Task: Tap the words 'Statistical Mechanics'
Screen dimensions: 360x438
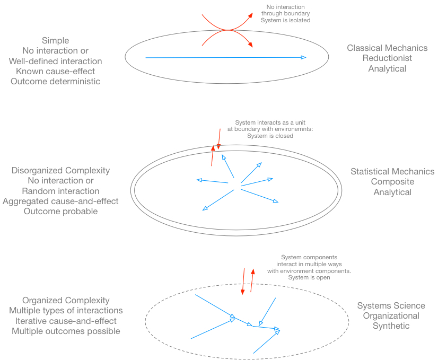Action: click(x=392, y=171)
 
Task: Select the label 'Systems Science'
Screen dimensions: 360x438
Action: click(x=391, y=305)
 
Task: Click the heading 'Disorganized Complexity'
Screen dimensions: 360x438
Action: click(x=60, y=171)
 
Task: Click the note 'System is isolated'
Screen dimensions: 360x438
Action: click(x=285, y=20)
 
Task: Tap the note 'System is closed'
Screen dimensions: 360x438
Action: click(x=270, y=136)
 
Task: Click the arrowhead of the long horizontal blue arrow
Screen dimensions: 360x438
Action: click(x=303, y=57)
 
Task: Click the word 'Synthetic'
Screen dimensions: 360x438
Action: click(x=391, y=326)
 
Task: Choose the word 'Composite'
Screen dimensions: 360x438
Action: click(x=392, y=182)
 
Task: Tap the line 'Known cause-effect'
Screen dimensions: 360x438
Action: click(x=55, y=71)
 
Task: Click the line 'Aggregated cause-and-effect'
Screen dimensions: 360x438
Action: click(x=60, y=201)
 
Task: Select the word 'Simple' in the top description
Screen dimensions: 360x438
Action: click(x=55, y=40)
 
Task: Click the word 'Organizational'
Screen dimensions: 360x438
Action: click(x=391, y=315)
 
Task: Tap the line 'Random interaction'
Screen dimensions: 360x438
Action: click(x=60, y=191)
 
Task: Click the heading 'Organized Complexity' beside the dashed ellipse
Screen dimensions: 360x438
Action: click(x=66, y=300)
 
